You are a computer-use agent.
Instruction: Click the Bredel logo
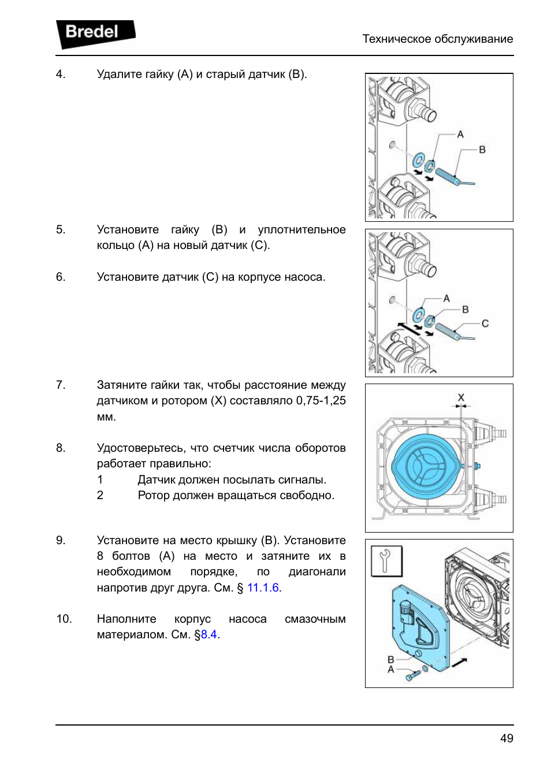click(94, 33)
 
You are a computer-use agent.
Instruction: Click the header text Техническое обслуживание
click(437, 39)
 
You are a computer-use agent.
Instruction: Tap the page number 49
click(507, 738)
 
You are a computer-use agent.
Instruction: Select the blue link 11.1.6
click(263, 587)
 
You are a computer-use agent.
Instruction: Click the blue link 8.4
click(209, 634)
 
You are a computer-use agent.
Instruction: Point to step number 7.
click(60, 385)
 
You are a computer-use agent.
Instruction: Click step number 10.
click(64, 619)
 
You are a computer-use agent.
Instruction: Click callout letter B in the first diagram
click(482, 150)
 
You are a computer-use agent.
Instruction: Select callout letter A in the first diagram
click(460, 135)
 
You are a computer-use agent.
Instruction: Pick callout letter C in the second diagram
click(485, 323)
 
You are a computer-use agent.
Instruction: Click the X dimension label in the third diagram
click(461, 397)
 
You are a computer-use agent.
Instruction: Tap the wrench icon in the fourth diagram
click(386, 561)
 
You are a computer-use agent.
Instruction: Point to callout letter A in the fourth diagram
click(391, 670)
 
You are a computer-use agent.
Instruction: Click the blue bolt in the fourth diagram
click(412, 675)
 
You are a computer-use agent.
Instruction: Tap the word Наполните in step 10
click(126, 619)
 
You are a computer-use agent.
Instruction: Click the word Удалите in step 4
click(119, 74)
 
